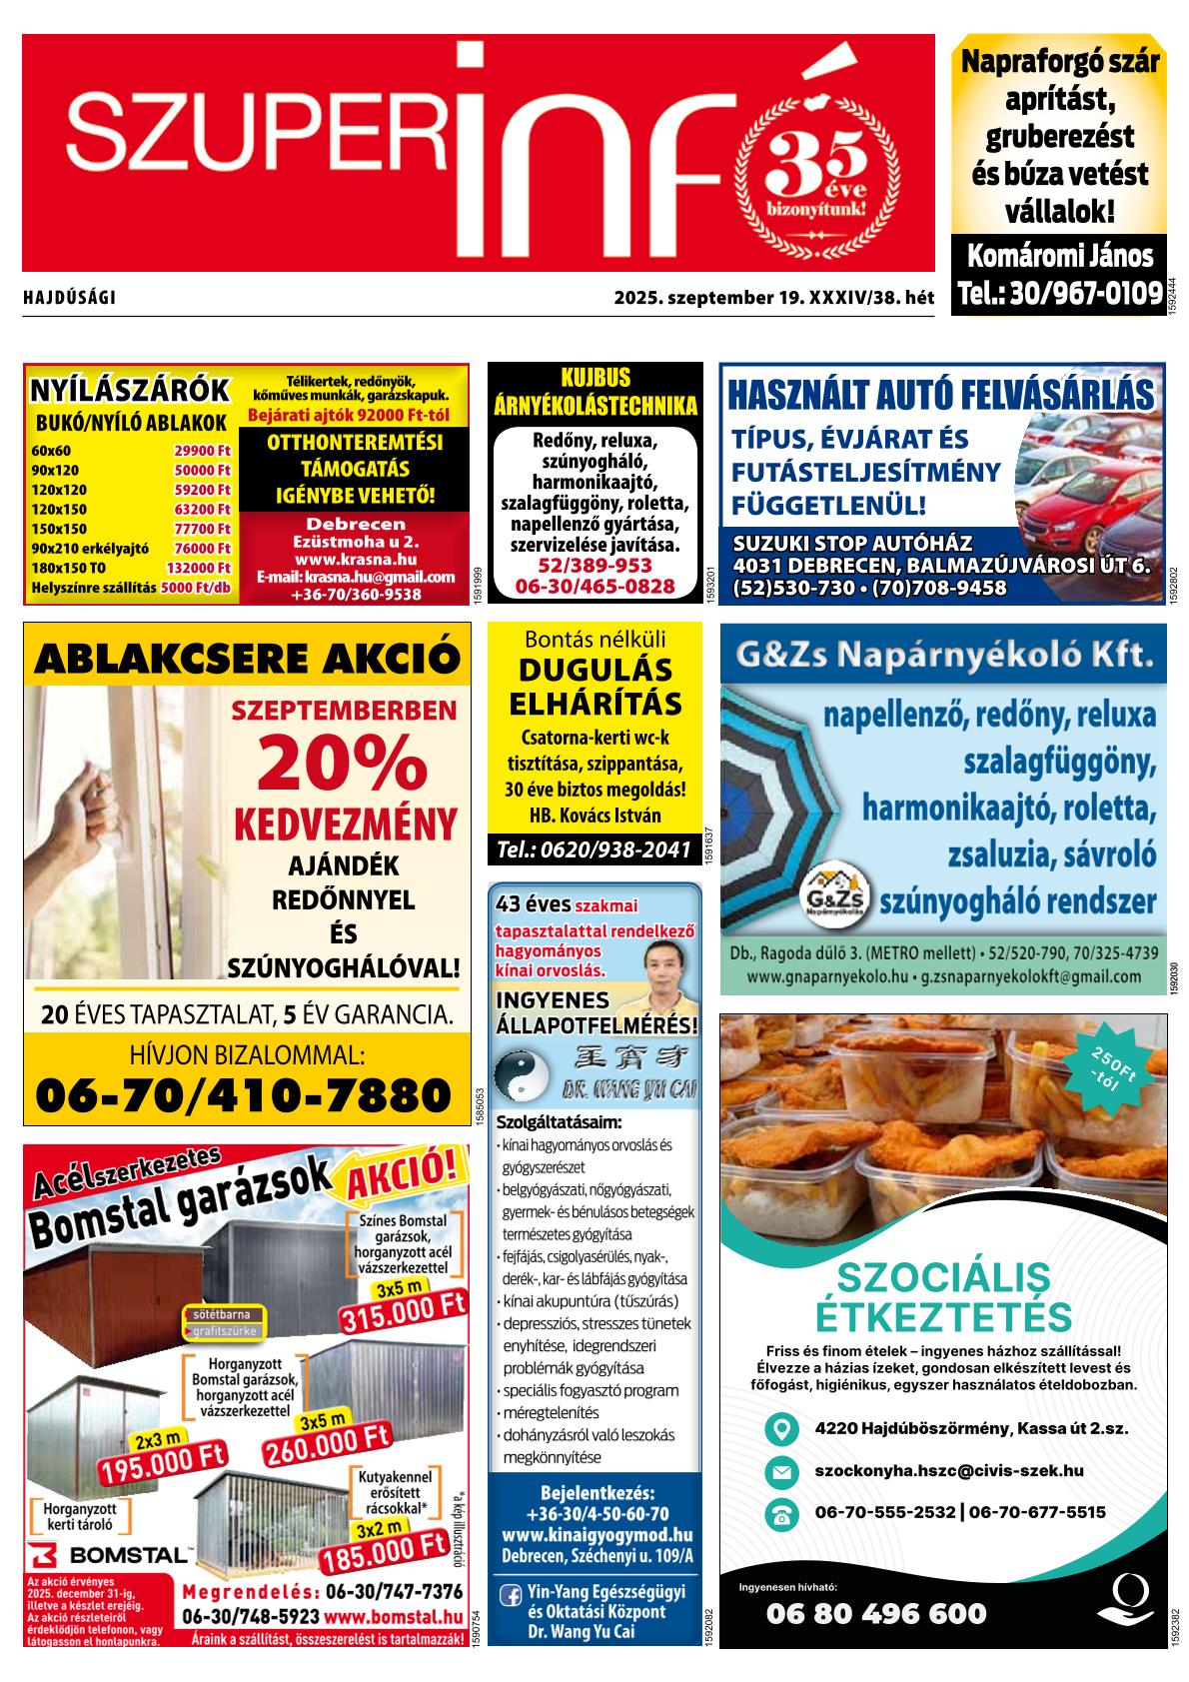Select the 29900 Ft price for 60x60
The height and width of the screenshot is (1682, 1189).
[x=202, y=450]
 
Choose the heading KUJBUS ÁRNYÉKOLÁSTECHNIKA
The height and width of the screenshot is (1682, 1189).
[x=594, y=392]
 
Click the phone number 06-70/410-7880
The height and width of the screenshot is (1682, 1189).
[x=244, y=1095]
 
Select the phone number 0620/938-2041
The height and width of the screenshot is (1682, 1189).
[x=594, y=849]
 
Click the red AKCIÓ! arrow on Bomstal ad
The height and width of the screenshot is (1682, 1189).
[x=405, y=1178]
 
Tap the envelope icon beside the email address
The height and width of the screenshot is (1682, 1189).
[x=780, y=1472]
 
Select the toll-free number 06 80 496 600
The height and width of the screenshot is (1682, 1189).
[x=875, y=1613]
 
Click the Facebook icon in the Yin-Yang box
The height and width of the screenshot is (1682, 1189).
[x=510, y=1596]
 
